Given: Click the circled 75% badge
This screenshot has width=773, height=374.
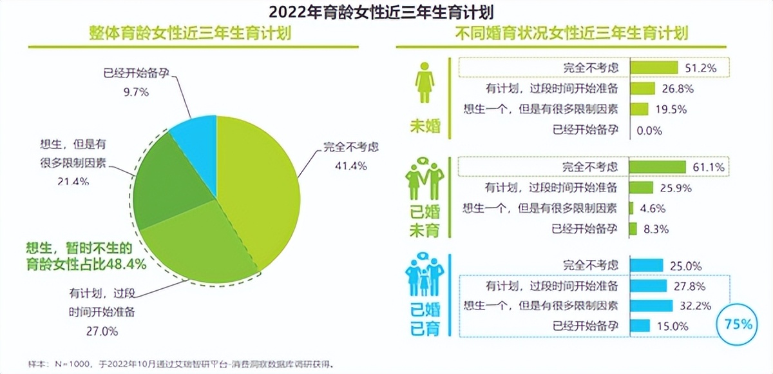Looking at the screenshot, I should click(737, 324).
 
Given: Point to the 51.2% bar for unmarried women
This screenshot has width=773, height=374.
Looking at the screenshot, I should click(654, 68).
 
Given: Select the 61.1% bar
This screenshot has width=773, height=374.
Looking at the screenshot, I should click(658, 167).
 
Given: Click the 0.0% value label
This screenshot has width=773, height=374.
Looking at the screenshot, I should click(648, 130).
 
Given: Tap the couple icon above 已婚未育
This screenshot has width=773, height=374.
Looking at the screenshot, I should click(425, 181).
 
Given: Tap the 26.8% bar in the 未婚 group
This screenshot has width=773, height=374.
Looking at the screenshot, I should click(642, 88).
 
